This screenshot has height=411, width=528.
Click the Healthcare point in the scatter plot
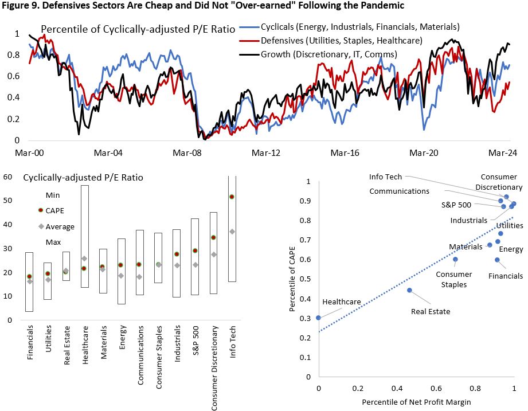point(318,318)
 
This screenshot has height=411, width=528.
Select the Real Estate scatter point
point(409,290)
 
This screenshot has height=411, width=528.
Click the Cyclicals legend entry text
point(360,27)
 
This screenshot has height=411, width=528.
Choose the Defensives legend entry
point(342,41)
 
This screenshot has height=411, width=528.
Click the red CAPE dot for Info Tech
point(232,197)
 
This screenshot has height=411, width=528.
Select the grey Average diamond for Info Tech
point(232,232)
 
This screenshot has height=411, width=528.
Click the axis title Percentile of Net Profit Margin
point(416,402)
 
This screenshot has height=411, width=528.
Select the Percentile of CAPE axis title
point(294,280)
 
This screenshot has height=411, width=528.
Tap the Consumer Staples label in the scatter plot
point(451,279)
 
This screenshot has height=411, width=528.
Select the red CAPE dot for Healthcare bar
point(85,268)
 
